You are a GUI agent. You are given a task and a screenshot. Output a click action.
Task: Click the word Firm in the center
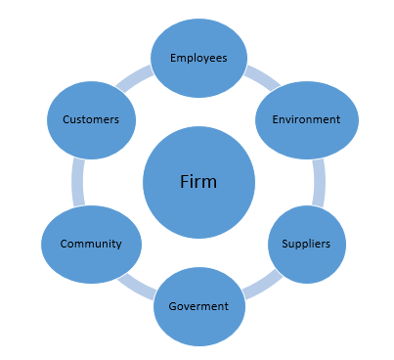pos(198,182)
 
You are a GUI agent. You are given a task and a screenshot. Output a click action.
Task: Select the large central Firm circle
pos(198,210)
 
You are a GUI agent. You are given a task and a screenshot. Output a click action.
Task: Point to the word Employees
pos(198,58)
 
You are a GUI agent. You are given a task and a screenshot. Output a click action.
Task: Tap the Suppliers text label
pos(306,243)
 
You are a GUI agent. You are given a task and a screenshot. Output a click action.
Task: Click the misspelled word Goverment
pos(198,305)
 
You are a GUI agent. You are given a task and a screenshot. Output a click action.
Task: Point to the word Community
pos(91,244)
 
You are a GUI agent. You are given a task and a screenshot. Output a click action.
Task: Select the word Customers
pos(91,119)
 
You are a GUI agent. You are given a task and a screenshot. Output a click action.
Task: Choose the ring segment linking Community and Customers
pos(78,182)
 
